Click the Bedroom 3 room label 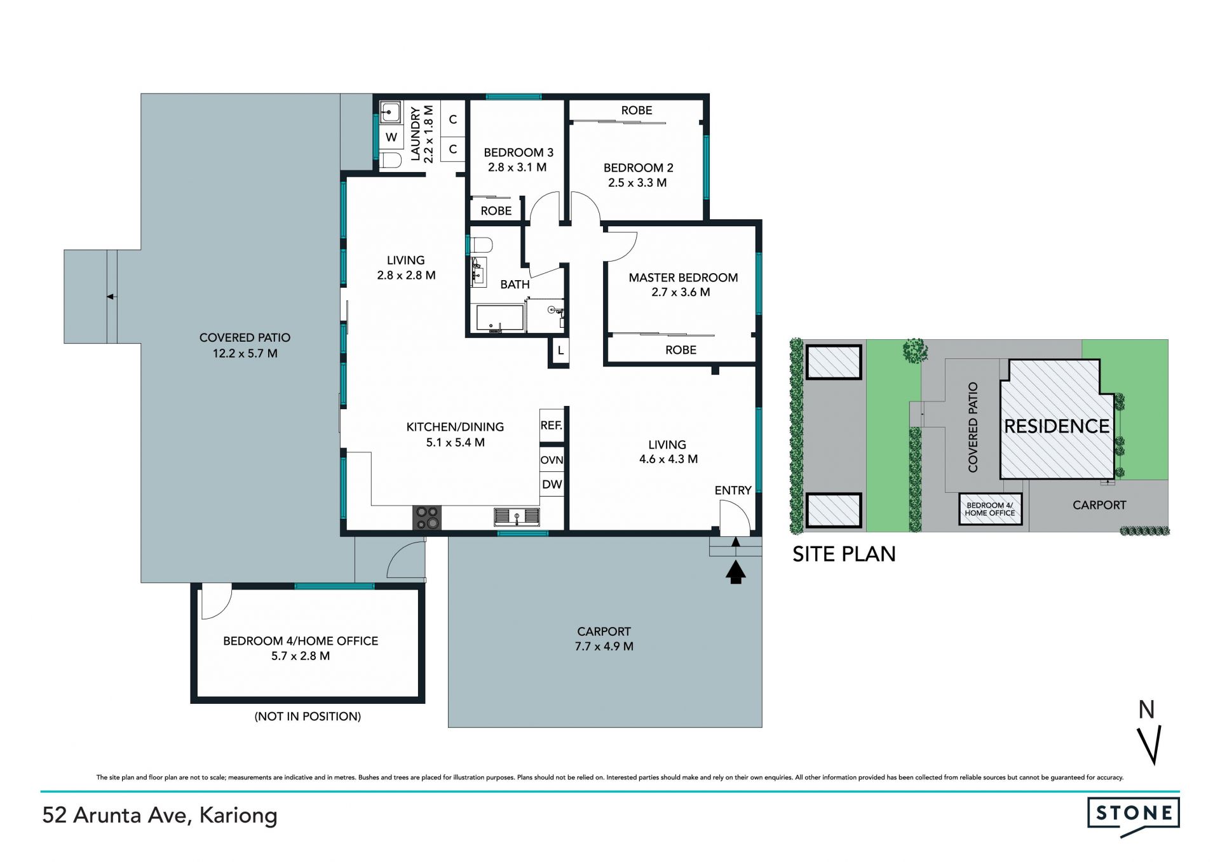point(518,152)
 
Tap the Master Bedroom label point(683,278)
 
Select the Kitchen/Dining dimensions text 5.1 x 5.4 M point(455,442)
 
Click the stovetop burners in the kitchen point(427,517)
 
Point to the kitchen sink point(517,516)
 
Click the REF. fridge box point(552,425)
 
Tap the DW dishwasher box point(552,485)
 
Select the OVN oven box point(552,459)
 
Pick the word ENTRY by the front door point(733,490)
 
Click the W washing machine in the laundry point(391,137)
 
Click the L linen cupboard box point(560,351)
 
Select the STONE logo point(1134,814)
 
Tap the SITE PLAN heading point(844,554)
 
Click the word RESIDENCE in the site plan point(1057,426)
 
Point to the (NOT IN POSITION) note point(308,717)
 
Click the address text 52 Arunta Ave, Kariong point(160,815)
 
